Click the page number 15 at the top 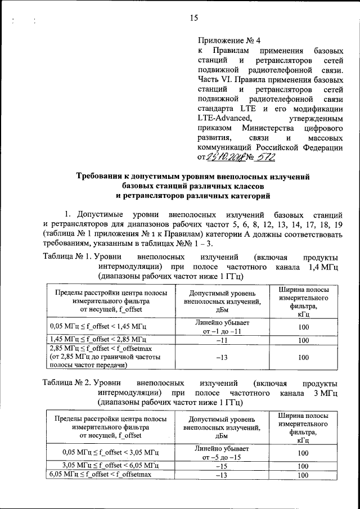click(194, 18)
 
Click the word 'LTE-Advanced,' click(224, 118)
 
